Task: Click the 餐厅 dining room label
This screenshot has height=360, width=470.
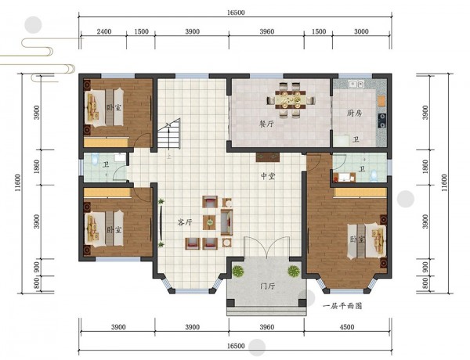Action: pyautogui.click(x=266, y=124)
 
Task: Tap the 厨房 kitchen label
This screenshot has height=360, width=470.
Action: pyautogui.click(x=355, y=113)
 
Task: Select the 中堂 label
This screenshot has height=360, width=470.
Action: pyautogui.click(x=268, y=176)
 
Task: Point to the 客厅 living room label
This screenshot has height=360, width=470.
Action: pyautogui.click(x=185, y=222)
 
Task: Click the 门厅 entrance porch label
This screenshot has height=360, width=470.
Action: pyautogui.click(x=267, y=286)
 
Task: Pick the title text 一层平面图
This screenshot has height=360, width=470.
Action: pyautogui.click(x=342, y=306)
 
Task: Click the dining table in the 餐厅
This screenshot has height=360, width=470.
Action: pyautogui.click(x=291, y=99)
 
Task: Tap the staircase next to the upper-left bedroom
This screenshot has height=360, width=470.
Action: pyautogui.click(x=169, y=134)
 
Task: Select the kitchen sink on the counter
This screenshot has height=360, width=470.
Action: pyautogui.click(x=356, y=84)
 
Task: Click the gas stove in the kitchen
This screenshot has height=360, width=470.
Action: pyautogui.click(x=382, y=121)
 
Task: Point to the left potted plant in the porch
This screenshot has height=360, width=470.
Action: pyautogui.click(x=238, y=272)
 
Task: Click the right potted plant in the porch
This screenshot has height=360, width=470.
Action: pyautogui.click(x=294, y=272)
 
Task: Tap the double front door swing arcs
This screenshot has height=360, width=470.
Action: pyautogui.click(x=267, y=247)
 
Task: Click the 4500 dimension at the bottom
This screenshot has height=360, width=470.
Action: pyautogui.click(x=347, y=327)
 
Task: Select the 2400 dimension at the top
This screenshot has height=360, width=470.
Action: pyautogui.click(x=104, y=31)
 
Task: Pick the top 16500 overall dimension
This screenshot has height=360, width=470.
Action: pyautogui.click(x=236, y=13)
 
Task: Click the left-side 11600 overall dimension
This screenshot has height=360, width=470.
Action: pyautogui.click(x=18, y=182)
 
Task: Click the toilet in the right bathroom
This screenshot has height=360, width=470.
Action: pyautogui.click(x=374, y=176)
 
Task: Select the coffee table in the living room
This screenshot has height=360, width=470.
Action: pyautogui.click(x=209, y=222)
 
